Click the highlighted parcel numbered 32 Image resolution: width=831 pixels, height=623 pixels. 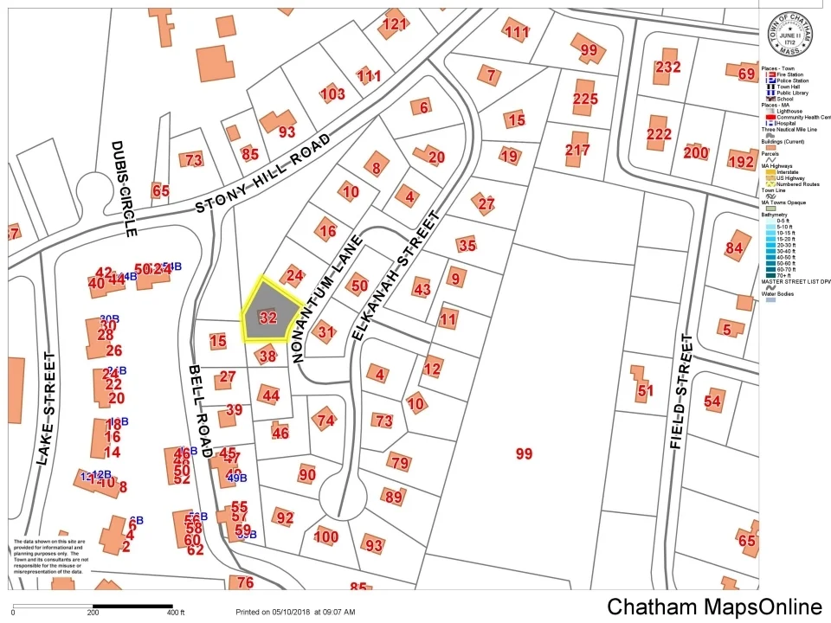pyautogui.click(x=268, y=317)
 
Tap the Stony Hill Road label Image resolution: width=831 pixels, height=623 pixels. pyautogui.click(x=263, y=173)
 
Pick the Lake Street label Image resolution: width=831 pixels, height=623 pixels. pyautogui.click(x=45, y=408)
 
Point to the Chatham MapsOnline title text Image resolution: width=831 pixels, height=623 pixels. pyautogui.click(x=714, y=607)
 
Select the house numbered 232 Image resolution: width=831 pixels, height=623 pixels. pyautogui.click(x=667, y=67)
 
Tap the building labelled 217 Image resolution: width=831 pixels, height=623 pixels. pyautogui.click(x=577, y=150)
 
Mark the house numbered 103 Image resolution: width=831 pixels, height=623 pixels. pyautogui.click(x=332, y=93)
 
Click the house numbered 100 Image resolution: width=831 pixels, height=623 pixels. pyautogui.click(x=325, y=536)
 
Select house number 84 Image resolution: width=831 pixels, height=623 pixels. pyautogui.click(x=735, y=248)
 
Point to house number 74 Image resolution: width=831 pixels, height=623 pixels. pyautogui.click(x=325, y=421)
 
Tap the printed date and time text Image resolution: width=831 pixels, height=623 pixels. pyautogui.click(x=295, y=612)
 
